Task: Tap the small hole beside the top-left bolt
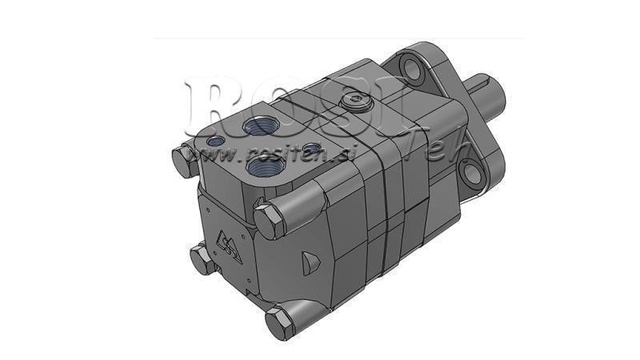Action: [215, 142]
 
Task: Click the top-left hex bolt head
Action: [183, 161]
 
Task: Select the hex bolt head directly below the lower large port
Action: [267, 218]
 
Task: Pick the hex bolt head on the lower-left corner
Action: [201, 258]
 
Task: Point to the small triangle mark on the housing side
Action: [310, 260]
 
